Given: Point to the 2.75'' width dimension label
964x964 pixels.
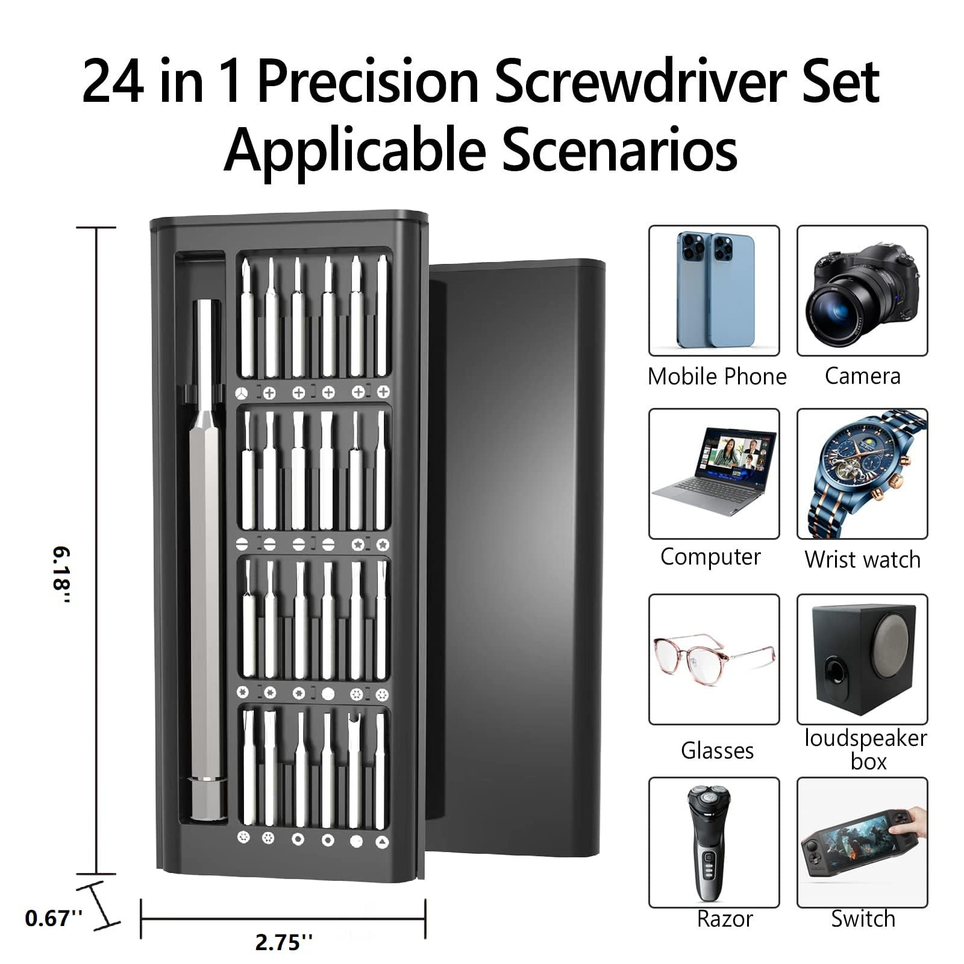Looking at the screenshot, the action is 284,942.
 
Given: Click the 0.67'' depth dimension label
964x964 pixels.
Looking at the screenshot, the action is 54,918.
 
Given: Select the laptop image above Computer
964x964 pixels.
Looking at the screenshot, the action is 715,472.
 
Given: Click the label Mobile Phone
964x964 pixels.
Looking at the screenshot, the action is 717,377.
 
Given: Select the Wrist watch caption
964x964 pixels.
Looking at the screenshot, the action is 862,560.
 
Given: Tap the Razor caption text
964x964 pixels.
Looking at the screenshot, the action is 725,919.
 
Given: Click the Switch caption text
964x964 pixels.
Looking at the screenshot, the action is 863,919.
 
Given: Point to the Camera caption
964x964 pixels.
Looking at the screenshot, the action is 862,376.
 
